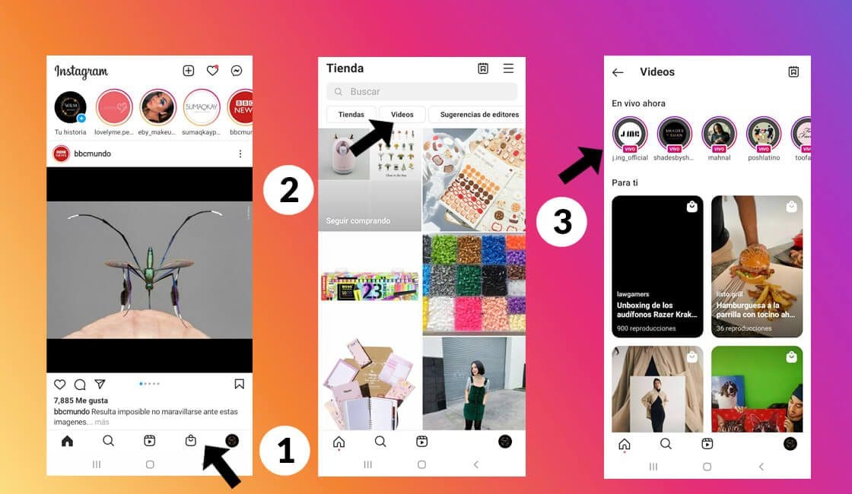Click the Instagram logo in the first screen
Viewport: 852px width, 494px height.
[x=81, y=71]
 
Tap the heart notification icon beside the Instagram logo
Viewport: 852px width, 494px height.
[x=212, y=71]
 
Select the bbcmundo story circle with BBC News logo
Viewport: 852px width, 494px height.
[x=243, y=107]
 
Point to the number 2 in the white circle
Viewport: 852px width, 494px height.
[x=289, y=190]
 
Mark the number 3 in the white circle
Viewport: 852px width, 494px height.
[x=562, y=222]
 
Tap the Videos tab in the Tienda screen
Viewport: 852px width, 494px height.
[x=402, y=115]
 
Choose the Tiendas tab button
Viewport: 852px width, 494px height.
[x=351, y=115]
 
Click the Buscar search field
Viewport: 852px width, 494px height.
[x=421, y=92]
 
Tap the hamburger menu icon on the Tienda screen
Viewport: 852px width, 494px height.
[x=508, y=68]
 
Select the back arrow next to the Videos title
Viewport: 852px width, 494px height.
[x=618, y=72]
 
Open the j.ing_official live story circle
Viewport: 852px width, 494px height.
[x=630, y=134]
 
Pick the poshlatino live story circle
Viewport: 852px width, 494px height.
[x=763, y=134]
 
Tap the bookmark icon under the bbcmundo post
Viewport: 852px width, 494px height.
[x=239, y=384]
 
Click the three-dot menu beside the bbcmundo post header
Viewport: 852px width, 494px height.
[x=240, y=154]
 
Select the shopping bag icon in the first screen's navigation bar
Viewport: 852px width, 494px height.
[x=191, y=441]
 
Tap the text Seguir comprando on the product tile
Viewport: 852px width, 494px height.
[x=358, y=221]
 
